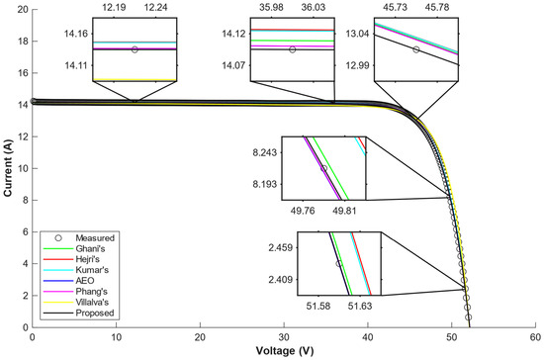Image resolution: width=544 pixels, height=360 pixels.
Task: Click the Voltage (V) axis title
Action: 285,351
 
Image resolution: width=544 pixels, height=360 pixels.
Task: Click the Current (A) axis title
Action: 8,168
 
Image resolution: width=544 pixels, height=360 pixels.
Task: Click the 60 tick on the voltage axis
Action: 535,337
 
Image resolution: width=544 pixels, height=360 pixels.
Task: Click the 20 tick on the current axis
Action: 23,9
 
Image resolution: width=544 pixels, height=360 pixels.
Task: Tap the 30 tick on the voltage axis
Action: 284,337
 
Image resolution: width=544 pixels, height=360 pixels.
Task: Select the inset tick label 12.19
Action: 114,7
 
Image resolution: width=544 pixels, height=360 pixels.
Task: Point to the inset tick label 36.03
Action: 314,7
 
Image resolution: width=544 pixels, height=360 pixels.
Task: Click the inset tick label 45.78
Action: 437,7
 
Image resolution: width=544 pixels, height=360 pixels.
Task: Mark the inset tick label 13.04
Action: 357,34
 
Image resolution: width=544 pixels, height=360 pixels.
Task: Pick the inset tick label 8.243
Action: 265,152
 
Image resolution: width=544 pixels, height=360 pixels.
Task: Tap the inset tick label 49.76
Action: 303,211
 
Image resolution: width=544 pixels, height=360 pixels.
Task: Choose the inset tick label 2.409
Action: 280,279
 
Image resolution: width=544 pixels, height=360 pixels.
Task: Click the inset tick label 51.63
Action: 360,306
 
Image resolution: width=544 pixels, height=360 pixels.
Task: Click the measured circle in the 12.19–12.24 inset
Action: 135,49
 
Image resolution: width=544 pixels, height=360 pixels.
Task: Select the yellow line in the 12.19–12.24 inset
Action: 135,80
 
